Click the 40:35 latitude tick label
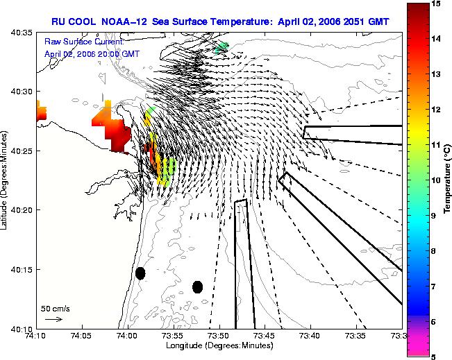22,33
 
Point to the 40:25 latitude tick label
22,151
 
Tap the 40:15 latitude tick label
22,270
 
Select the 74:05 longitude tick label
83,336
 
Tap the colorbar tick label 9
433,216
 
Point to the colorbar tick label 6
433,322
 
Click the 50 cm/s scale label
56,309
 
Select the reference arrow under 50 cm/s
53,319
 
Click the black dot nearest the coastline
140,273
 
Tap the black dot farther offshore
197,287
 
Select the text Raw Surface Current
84,42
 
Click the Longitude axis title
219,345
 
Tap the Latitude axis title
3,180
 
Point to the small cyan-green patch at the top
222,48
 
